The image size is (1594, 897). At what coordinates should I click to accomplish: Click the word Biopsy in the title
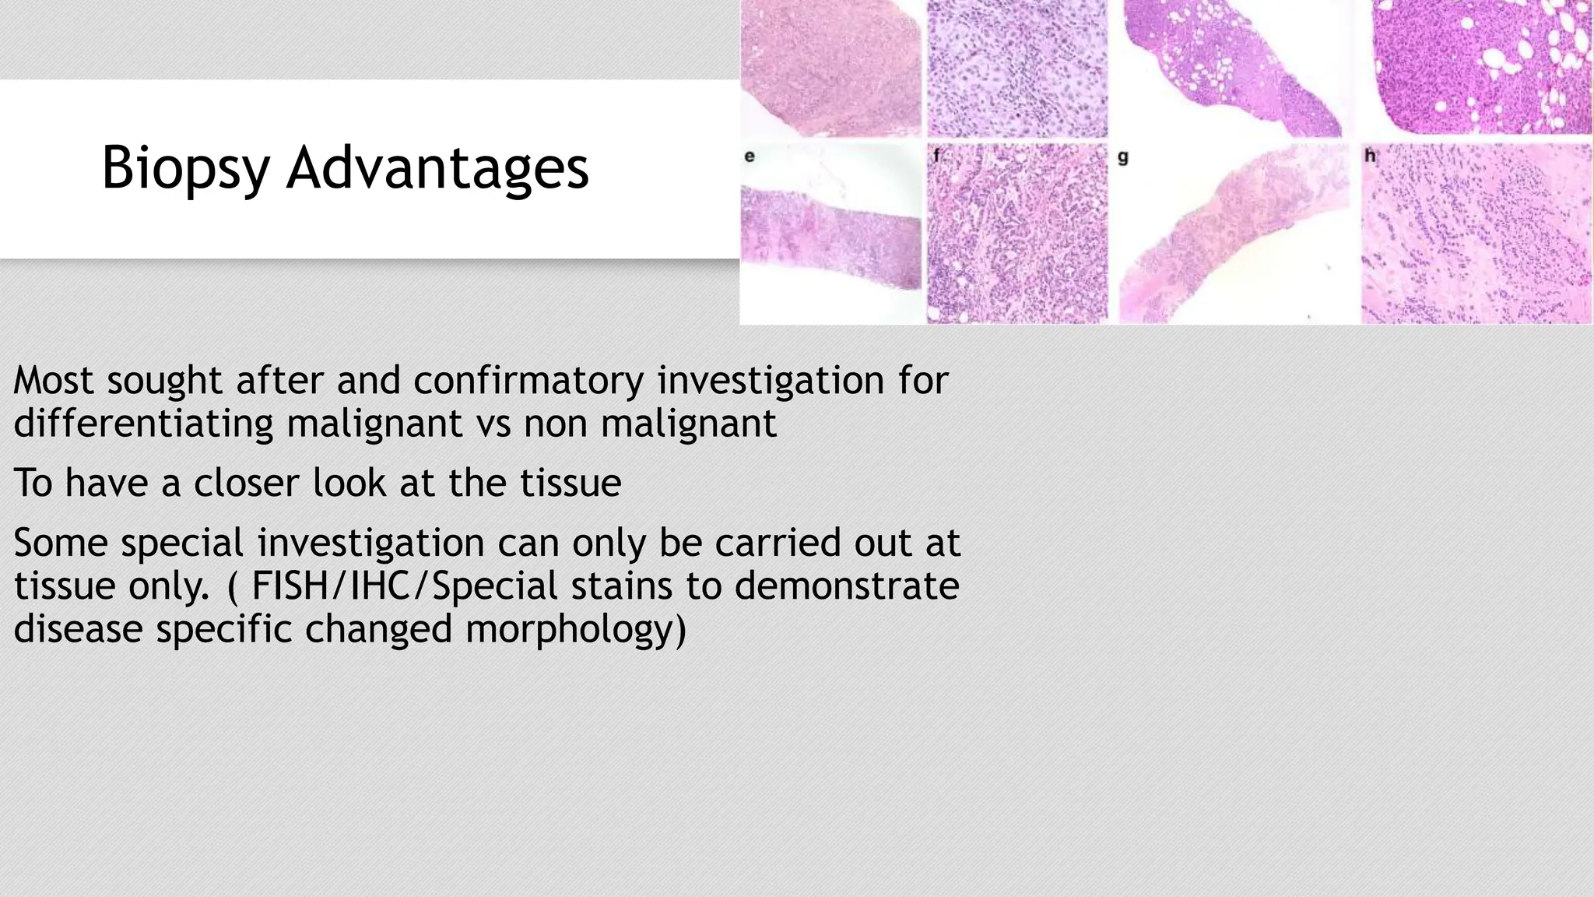(186, 168)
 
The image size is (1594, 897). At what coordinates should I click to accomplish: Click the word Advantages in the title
(437, 168)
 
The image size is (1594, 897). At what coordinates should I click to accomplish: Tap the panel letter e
(750, 157)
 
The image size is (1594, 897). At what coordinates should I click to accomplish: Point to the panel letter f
(936, 157)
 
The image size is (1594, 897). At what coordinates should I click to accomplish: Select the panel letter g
(1123, 157)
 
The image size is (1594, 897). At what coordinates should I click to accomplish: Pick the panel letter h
(1370, 157)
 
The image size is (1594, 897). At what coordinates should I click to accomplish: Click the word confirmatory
(528, 382)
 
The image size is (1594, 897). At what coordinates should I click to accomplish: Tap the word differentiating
(142, 424)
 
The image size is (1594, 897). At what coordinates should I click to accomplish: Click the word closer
(246, 483)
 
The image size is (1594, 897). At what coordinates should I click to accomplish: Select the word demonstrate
(846, 586)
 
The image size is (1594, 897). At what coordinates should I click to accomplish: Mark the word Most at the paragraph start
(54, 382)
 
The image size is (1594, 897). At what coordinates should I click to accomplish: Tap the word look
(349, 483)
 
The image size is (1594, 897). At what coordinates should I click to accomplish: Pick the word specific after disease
(223, 629)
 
